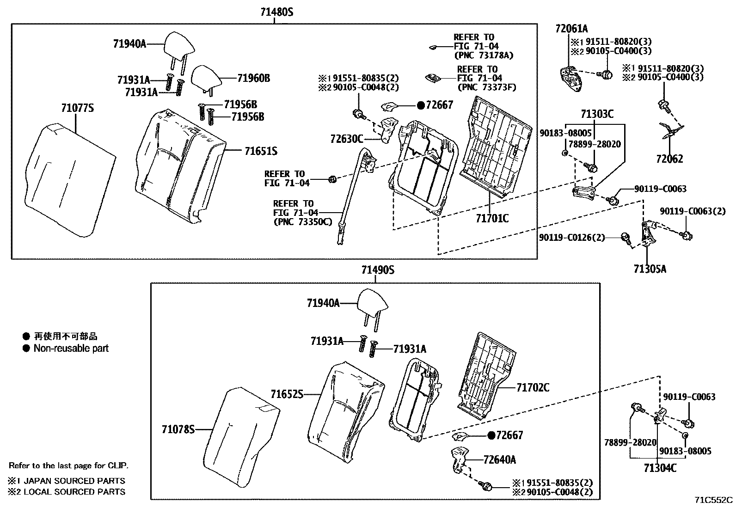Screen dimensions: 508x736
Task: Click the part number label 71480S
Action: tap(276, 12)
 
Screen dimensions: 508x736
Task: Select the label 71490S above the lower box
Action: tap(378, 269)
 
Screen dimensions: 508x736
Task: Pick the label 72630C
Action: tap(347, 138)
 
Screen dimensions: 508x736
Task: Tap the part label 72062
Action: tap(669, 159)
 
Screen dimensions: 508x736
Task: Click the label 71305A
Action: tap(650, 269)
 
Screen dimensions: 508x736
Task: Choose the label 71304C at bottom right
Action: tap(660, 468)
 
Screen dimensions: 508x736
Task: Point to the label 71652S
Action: tap(287, 394)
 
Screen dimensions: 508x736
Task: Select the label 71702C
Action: tap(533, 387)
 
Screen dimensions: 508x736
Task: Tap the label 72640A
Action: tap(500, 459)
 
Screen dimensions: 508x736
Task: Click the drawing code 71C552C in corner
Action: tap(714, 500)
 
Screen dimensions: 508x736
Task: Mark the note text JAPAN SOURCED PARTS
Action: tap(74, 481)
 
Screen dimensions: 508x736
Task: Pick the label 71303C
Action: tap(597, 114)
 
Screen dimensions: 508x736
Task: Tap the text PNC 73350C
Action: tap(302, 222)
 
